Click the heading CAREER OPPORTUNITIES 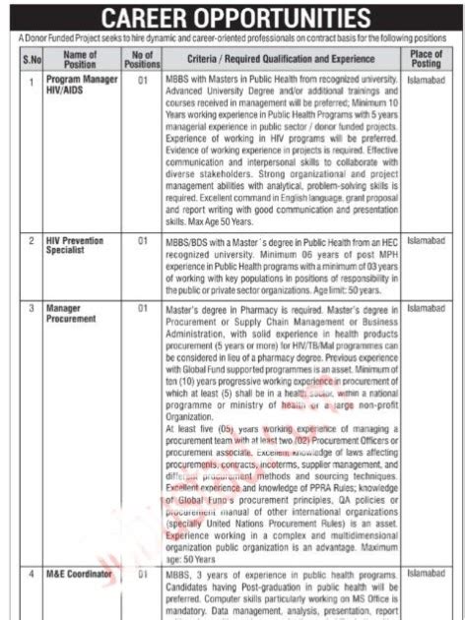pyautogui.click(x=232, y=17)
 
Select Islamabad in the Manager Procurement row pyautogui.click(x=427, y=308)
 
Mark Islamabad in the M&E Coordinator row pyautogui.click(x=427, y=571)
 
